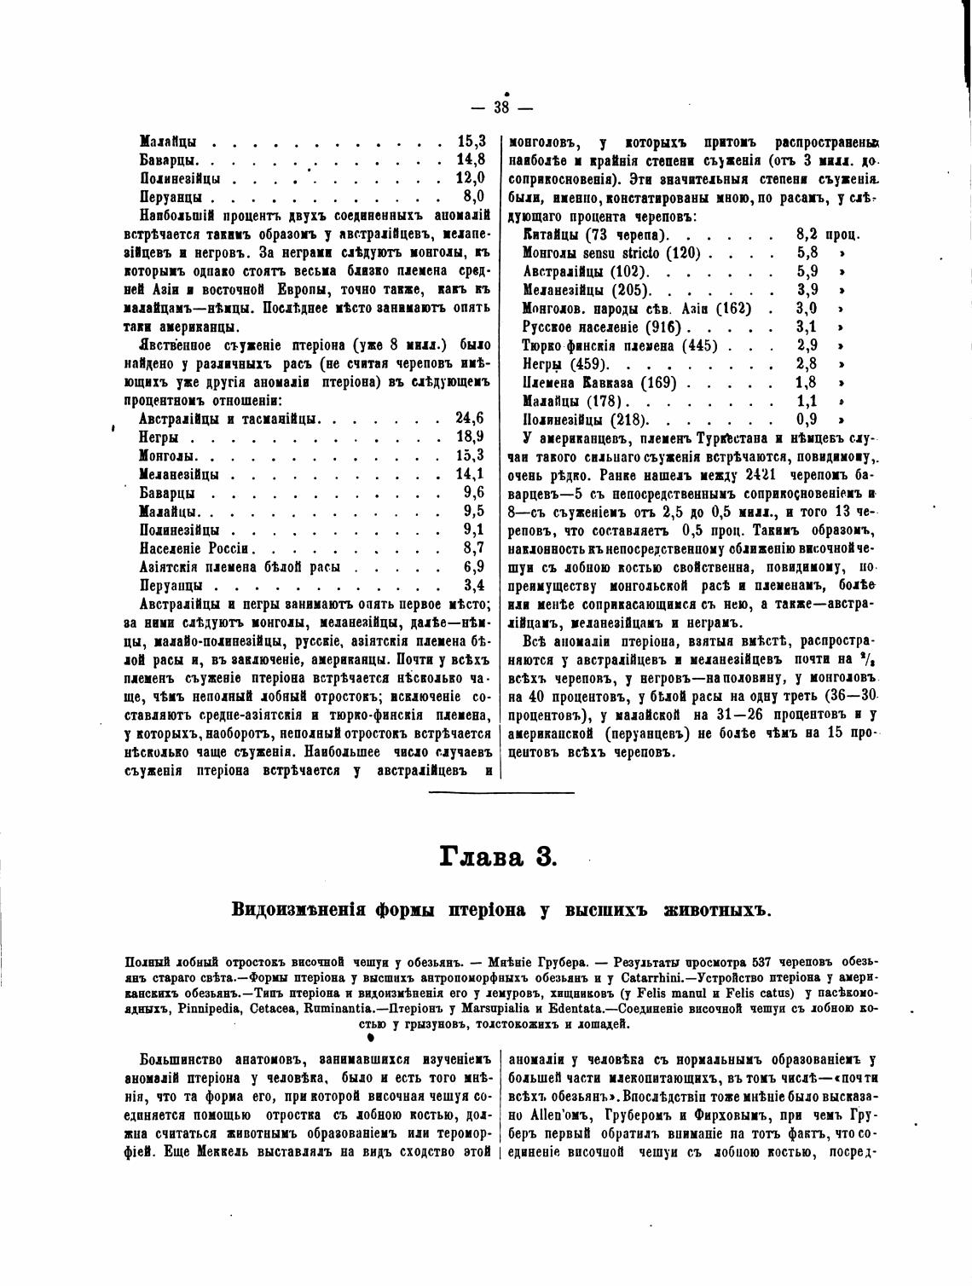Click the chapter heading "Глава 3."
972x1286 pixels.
[498, 855]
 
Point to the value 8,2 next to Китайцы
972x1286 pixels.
[807, 235]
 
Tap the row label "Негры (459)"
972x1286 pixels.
[563, 364]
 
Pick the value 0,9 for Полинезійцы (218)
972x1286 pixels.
[807, 420]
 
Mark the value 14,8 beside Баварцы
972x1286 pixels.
[471, 159]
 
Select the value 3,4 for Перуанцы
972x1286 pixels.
[473, 585]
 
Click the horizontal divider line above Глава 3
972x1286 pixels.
[500, 792]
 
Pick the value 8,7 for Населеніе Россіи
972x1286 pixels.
[473, 547]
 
